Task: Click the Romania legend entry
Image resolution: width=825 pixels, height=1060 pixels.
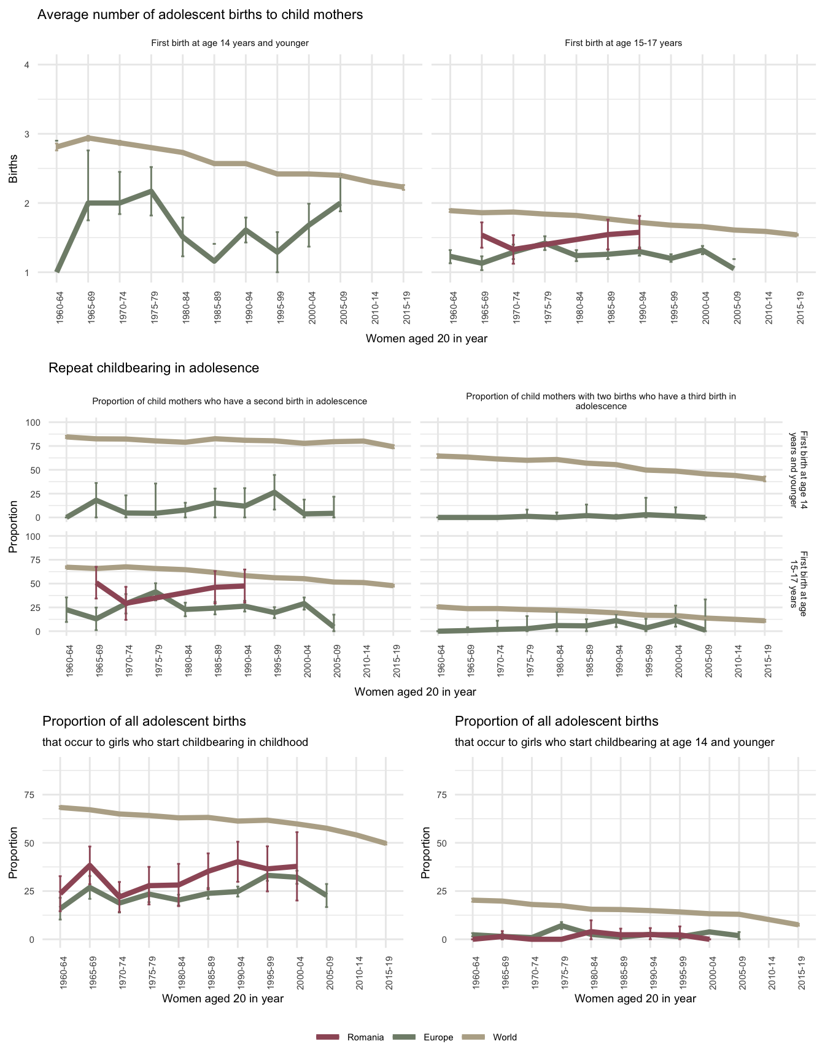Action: [x=365, y=1037]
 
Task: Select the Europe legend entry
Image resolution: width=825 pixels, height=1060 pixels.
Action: [x=438, y=1037]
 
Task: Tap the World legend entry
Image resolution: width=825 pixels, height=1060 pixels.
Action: [x=505, y=1037]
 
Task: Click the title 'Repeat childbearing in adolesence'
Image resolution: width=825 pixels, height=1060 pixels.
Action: [x=153, y=368]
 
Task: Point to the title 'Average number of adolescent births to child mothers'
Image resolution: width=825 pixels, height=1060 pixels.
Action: [x=200, y=15]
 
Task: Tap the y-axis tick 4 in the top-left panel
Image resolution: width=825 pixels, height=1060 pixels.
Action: [x=27, y=65]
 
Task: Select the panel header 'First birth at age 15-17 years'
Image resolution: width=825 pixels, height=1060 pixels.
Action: [x=623, y=43]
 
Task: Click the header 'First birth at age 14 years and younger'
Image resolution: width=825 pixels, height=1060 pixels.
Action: [x=230, y=43]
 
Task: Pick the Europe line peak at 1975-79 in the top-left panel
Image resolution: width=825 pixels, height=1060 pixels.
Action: [x=151, y=191]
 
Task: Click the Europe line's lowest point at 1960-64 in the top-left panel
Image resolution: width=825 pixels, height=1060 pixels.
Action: [x=56, y=271]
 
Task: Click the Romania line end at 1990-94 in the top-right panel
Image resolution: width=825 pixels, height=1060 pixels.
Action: [x=640, y=232]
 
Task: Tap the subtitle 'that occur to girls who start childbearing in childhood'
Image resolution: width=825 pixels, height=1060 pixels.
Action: [x=175, y=742]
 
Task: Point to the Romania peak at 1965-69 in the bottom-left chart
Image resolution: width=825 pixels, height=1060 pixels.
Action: [x=90, y=865]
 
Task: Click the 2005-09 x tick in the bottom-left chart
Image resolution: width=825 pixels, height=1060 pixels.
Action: [x=327, y=972]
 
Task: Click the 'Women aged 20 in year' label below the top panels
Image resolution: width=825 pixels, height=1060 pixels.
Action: [x=427, y=339]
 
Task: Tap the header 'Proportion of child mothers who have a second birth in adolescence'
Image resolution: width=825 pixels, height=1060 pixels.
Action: [x=230, y=401]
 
